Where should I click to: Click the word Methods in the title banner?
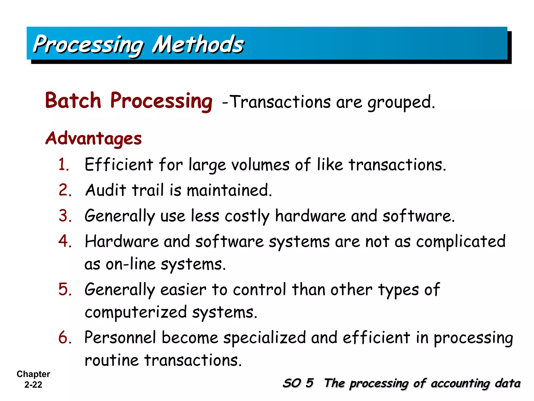198,44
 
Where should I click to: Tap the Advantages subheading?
94,138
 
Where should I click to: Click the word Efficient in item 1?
119,165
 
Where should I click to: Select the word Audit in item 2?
106,190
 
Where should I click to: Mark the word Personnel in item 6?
120,337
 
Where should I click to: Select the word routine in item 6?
112,360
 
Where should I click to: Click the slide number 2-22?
33,385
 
